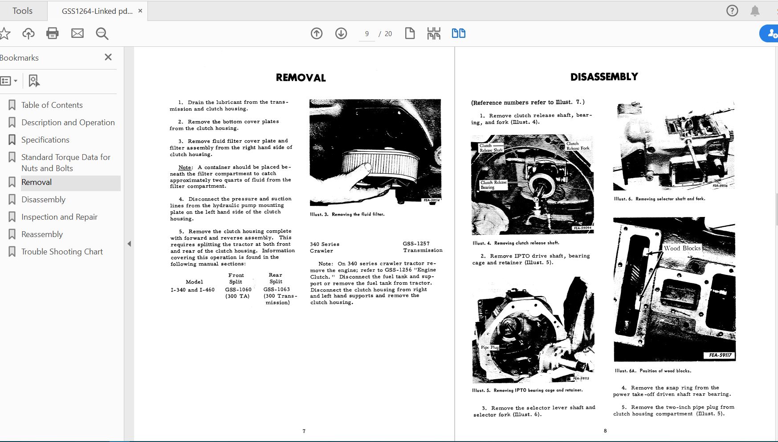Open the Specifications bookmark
[x=45, y=140]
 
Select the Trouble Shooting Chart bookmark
[x=62, y=252]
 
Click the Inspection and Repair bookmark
[x=59, y=217]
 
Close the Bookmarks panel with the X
[x=108, y=57]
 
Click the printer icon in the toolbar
[x=53, y=33]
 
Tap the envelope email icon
[x=77, y=33]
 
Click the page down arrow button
[x=341, y=33]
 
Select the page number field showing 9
[x=367, y=34]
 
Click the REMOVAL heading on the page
[x=301, y=78]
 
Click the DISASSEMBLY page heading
[x=604, y=77]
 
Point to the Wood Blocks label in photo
[x=682, y=248]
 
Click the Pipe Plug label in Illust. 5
[x=489, y=347]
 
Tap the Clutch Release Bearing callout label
[x=493, y=185]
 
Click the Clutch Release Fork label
[x=578, y=146]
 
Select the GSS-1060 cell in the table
[x=238, y=289]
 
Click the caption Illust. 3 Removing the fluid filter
[x=347, y=214]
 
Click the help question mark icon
[x=732, y=11]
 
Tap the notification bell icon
[x=755, y=11]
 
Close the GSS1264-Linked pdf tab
[x=140, y=11]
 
